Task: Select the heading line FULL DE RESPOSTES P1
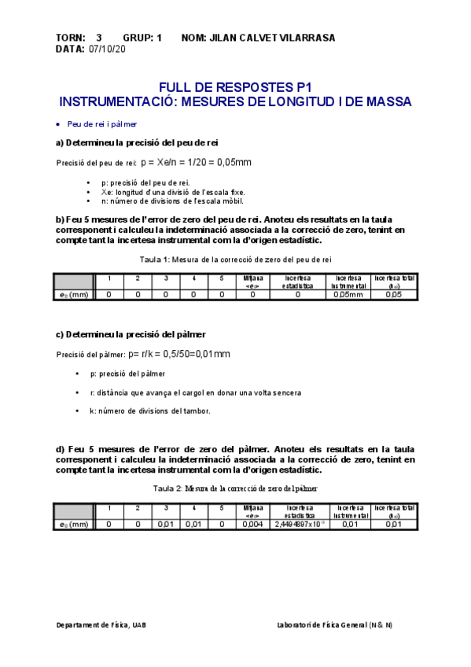click(x=235, y=87)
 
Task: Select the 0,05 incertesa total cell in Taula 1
click(x=394, y=294)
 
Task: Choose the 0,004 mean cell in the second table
click(x=253, y=524)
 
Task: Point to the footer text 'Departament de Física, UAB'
click(x=101, y=625)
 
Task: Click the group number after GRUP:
click(x=159, y=38)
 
